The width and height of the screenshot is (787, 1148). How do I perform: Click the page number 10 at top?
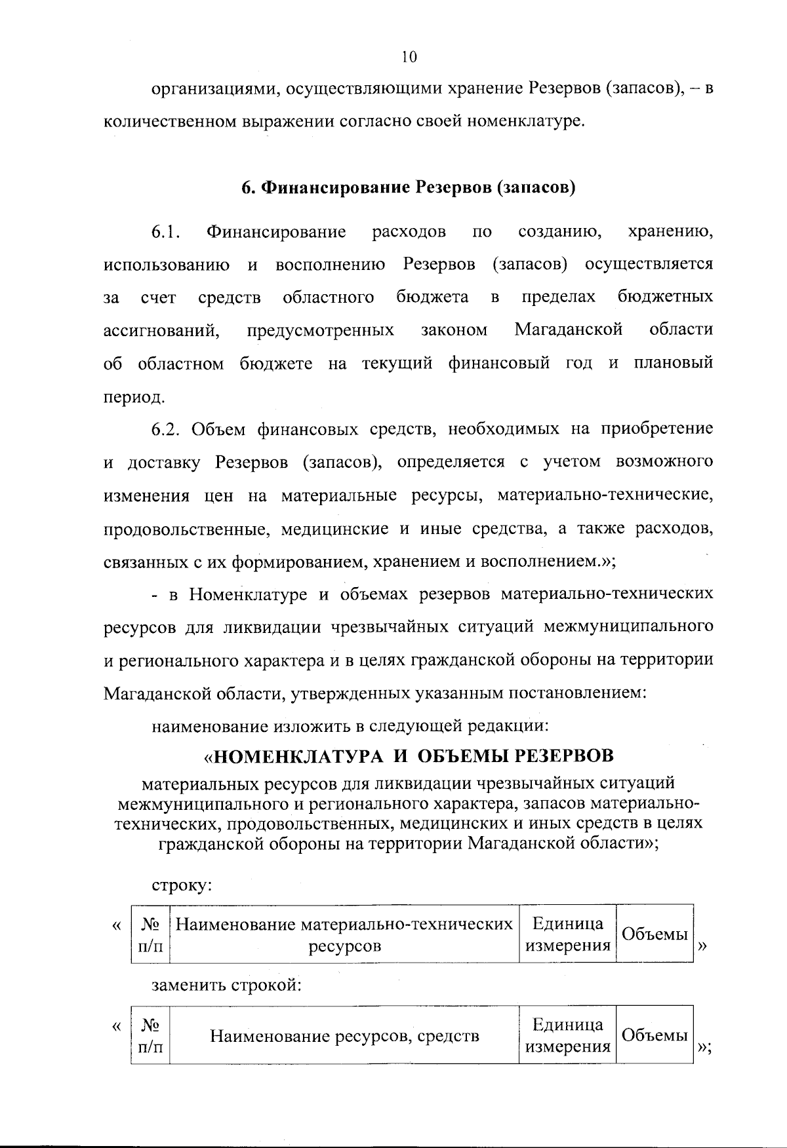409,57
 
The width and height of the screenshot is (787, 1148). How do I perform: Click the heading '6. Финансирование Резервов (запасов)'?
408,188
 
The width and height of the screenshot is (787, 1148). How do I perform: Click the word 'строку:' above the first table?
182,885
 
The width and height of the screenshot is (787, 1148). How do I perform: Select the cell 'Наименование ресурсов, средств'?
344,1036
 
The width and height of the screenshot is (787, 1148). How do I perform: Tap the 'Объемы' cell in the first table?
654,934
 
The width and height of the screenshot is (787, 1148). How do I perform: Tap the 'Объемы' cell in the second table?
654,1035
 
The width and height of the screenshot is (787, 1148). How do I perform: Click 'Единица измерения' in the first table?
568,934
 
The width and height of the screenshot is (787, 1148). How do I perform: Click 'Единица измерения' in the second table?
568,1035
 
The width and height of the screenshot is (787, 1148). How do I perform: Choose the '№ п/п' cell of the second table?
151,1036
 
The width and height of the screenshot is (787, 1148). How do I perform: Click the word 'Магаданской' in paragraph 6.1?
568,330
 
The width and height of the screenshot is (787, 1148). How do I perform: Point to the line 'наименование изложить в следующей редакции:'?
350,726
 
